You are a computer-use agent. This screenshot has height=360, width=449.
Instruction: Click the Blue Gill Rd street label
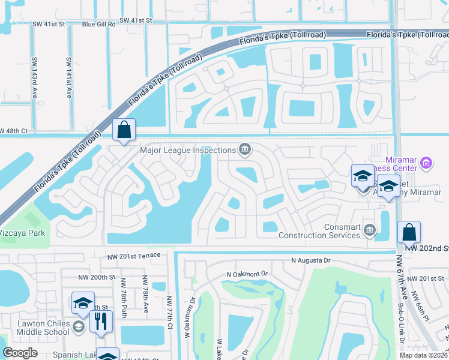tap(98, 23)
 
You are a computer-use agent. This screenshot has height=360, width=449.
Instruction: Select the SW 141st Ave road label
tap(68, 78)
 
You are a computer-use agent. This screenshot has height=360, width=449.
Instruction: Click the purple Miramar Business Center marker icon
tap(426, 163)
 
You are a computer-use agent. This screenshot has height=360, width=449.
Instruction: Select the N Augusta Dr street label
tap(311, 261)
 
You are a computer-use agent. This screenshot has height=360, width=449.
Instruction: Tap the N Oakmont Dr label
tap(247, 274)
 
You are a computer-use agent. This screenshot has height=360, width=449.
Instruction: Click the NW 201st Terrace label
tap(134, 256)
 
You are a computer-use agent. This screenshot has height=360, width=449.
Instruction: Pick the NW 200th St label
tap(96, 277)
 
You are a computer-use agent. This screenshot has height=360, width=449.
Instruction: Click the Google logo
tap(20, 353)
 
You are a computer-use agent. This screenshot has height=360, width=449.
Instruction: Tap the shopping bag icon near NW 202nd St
tap(409, 232)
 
